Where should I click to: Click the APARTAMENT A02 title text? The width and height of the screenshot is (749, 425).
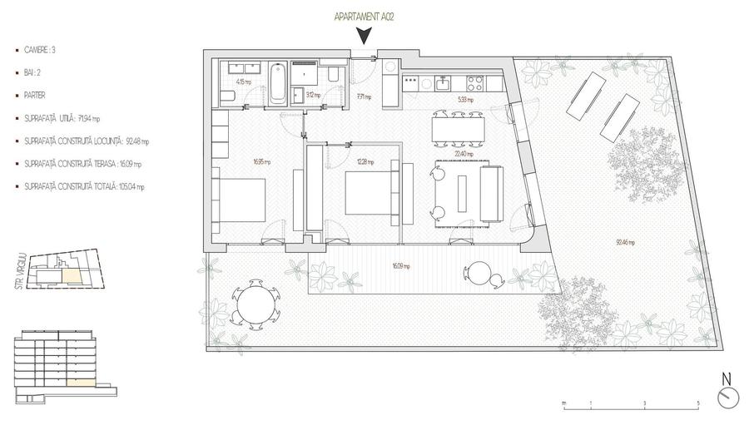click(x=364, y=17)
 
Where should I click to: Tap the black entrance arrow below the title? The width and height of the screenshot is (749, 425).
click(x=364, y=36)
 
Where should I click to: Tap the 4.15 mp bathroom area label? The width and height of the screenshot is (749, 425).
click(x=244, y=82)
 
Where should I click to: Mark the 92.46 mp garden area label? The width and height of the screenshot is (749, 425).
click(x=625, y=243)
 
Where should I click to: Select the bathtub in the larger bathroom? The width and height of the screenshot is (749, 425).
click(x=279, y=84)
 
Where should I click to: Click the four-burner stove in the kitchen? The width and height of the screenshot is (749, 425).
click(x=476, y=82)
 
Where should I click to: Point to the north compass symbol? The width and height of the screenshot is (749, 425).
click(x=727, y=397)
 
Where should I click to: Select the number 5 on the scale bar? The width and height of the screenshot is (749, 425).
click(x=697, y=403)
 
